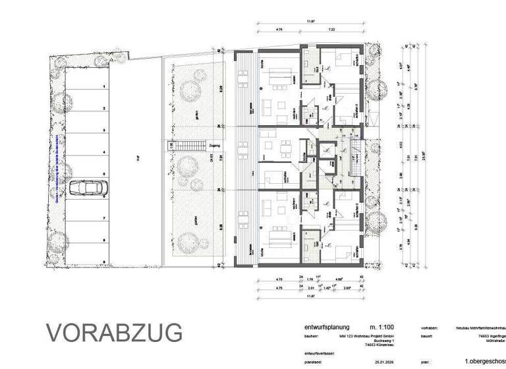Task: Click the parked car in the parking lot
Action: (x=87, y=188)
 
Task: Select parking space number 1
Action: (x=103, y=86)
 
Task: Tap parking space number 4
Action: (x=103, y=152)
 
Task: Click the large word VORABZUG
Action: (x=113, y=333)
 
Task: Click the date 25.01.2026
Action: (x=373, y=362)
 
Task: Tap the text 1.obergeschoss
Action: (x=484, y=362)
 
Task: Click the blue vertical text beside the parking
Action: (x=59, y=171)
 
